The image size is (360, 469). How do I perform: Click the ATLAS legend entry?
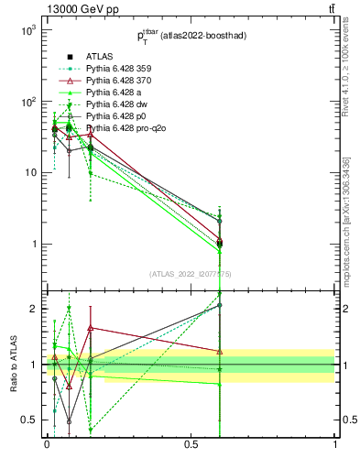coord(99,56)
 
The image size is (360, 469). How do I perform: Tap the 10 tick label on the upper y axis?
coord(27,173)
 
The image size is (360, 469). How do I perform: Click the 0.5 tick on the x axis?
coord(191,443)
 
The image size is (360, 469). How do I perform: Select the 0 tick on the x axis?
coord(47,443)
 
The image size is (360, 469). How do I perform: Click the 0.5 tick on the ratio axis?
coord(27,420)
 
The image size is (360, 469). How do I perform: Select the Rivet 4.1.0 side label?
coord(345,66)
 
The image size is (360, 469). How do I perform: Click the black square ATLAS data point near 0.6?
coord(220,244)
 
